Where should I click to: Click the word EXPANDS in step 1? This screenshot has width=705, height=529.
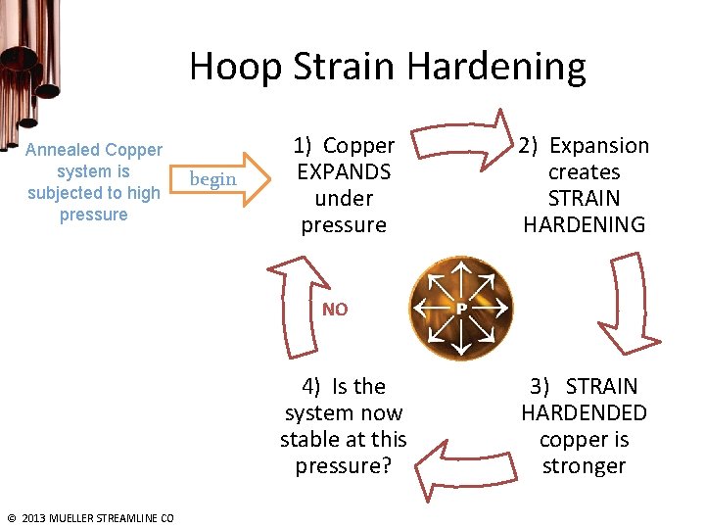[344, 172]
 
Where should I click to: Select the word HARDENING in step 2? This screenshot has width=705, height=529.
[584, 225]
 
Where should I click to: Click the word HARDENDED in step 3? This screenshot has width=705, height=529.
[584, 413]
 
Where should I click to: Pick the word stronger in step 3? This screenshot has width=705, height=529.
[584, 466]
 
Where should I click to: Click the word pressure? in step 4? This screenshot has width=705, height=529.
[343, 466]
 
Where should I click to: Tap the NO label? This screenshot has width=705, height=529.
[335, 310]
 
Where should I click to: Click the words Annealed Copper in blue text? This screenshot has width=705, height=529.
[93, 150]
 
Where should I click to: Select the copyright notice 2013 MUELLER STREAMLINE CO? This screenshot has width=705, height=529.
[90, 518]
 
